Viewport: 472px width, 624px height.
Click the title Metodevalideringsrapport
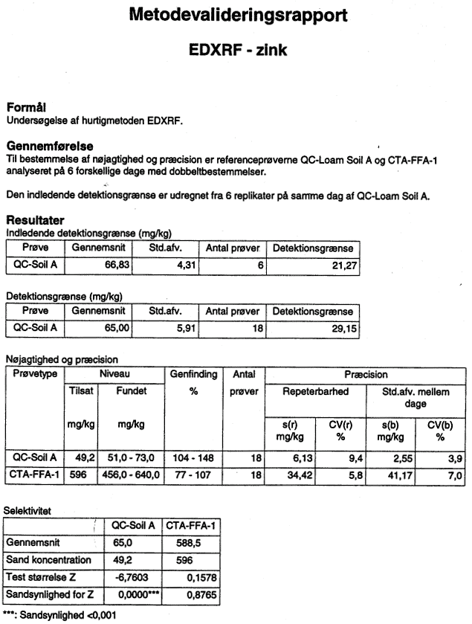tap(238, 16)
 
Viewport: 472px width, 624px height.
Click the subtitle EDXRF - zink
tap(238, 50)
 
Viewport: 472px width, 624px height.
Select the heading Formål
tap(26, 107)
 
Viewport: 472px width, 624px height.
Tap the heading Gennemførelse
tap(50, 146)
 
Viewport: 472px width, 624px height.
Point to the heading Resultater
tap(35, 220)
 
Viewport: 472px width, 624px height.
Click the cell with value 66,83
tap(117, 265)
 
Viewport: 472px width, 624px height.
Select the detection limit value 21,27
tap(344, 266)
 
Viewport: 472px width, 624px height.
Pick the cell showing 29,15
tap(344, 329)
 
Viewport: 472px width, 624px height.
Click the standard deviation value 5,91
tap(186, 329)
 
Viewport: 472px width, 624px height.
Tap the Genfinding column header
tap(194, 374)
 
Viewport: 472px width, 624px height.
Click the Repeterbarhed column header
tap(315, 392)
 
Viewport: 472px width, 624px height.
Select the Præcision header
tap(366, 375)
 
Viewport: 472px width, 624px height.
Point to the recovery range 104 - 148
tap(193, 458)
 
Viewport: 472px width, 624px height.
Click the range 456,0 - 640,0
tap(131, 475)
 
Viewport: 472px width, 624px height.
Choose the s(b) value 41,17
tap(400, 475)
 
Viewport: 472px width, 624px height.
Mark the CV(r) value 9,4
tap(356, 459)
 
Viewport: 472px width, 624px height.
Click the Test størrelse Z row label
tap(41, 577)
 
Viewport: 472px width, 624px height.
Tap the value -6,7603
tap(132, 577)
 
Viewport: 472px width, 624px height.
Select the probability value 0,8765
tap(201, 595)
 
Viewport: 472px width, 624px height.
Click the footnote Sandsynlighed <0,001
tap(68, 615)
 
